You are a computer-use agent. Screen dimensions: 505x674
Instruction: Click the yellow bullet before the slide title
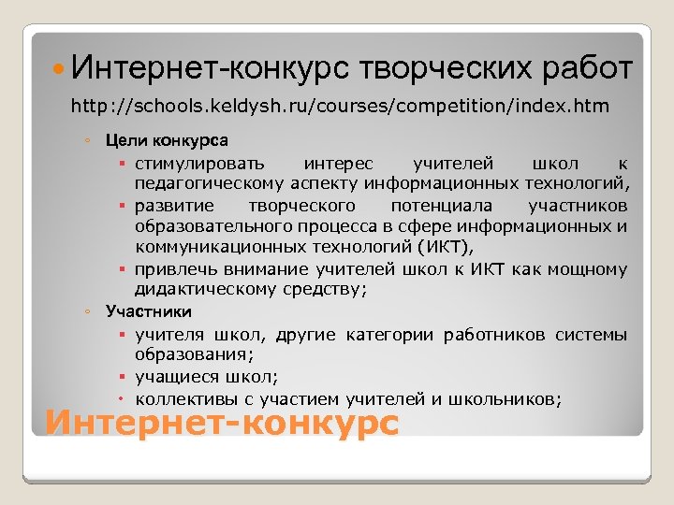pos(59,70)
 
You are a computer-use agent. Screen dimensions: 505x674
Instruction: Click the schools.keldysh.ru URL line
pos(340,107)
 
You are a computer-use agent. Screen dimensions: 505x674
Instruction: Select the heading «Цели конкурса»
pos(167,141)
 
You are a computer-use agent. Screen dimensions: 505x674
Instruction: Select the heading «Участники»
pos(149,311)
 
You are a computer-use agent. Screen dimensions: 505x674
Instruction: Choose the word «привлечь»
pos(171,270)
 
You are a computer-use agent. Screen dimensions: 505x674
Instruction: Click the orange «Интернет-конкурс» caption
pos(222,422)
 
